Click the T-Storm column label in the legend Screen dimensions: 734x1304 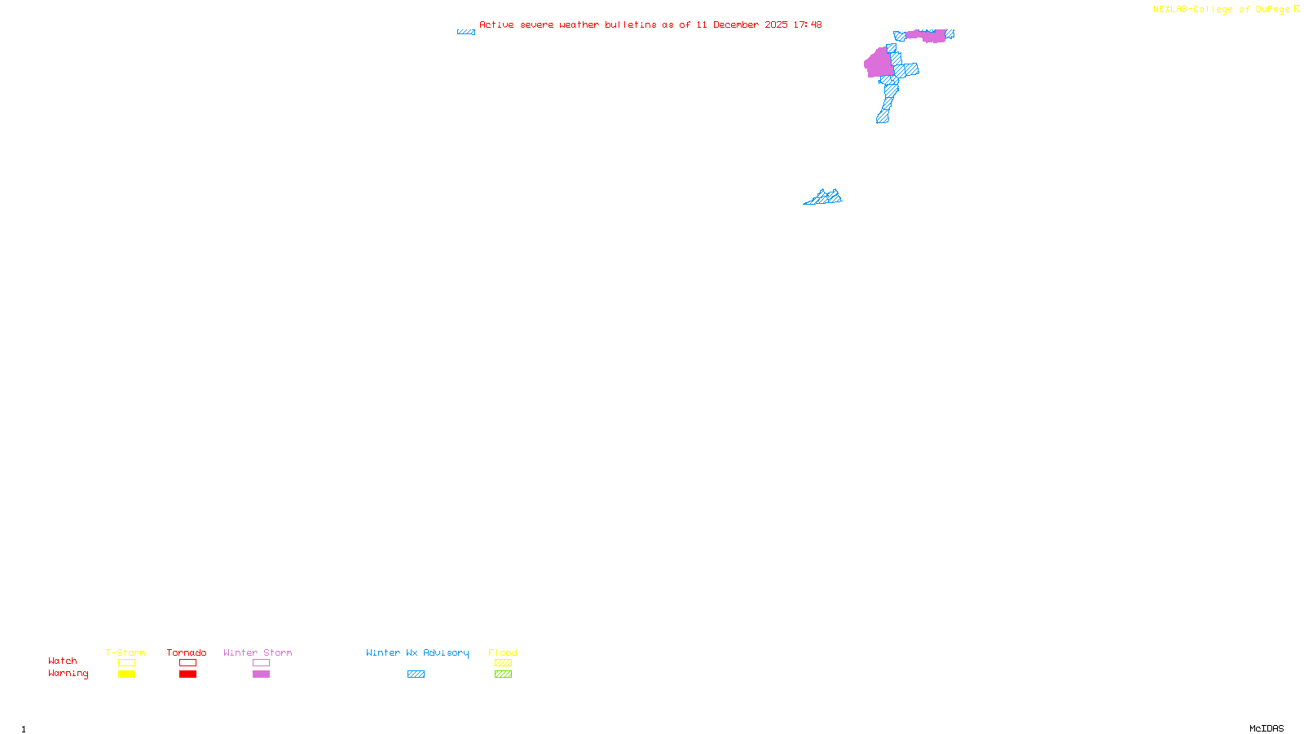coord(126,652)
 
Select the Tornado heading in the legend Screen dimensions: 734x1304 coord(187,652)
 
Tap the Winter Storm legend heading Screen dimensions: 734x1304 coord(258,652)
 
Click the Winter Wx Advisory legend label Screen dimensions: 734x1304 coord(417,652)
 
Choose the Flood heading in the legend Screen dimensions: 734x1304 coord(503,652)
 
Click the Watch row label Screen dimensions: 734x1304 coord(63,661)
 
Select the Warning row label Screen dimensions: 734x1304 coord(68,674)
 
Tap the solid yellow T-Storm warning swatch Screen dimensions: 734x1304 coord(126,674)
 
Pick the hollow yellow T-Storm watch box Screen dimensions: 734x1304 coord(126,663)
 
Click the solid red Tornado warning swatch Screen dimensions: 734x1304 coord(187,674)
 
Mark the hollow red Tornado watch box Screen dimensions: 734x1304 coord(187,663)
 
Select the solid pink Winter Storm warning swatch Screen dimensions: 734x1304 coord(261,674)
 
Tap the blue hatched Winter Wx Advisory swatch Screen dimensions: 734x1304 coord(416,674)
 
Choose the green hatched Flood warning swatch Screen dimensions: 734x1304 coord(503,674)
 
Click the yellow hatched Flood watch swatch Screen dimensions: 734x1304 coord(503,663)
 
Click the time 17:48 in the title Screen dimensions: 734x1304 coord(807,24)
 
